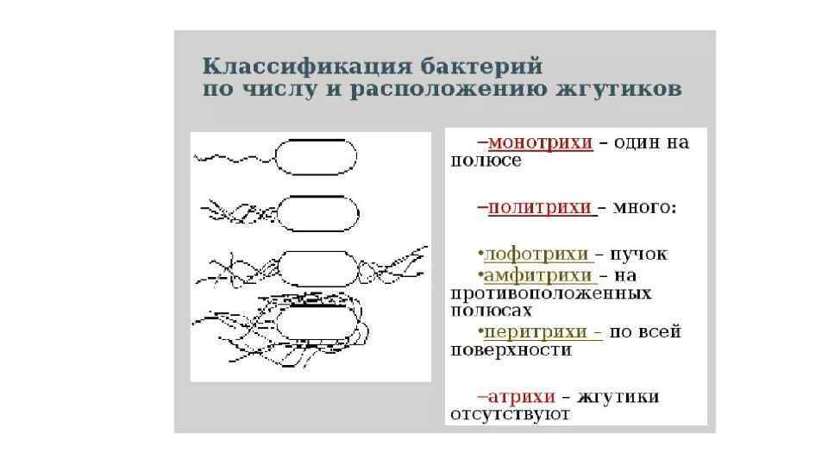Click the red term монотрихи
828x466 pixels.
point(540,142)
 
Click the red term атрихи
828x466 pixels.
point(521,396)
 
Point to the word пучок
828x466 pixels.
point(639,255)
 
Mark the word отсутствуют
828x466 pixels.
point(511,414)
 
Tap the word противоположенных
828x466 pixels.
point(550,293)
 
